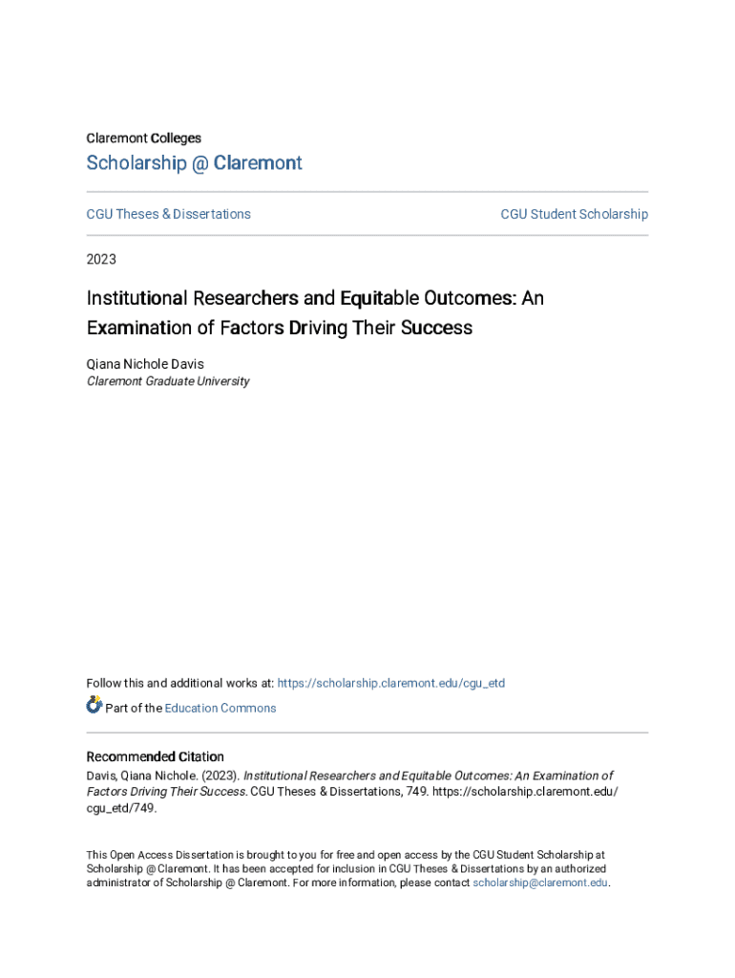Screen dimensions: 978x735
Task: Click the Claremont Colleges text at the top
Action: [143, 138]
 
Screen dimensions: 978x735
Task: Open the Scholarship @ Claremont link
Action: [194, 163]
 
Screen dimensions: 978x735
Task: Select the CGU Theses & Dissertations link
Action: [168, 214]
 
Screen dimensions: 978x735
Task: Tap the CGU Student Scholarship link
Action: [574, 214]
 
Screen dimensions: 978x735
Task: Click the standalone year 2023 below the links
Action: [101, 259]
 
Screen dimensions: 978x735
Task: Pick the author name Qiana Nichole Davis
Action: [145, 364]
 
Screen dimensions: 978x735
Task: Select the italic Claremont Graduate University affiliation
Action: [168, 381]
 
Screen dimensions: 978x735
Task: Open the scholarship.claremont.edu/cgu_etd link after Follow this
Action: [390, 683]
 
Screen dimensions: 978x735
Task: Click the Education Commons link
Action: [220, 708]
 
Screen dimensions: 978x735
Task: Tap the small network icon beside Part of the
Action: [94, 706]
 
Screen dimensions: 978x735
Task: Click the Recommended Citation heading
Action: [155, 756]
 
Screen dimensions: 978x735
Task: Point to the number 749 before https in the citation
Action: [417, 792]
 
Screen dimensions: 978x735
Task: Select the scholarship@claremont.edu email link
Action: [540, 883]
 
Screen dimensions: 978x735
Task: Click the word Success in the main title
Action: [435, 328]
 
